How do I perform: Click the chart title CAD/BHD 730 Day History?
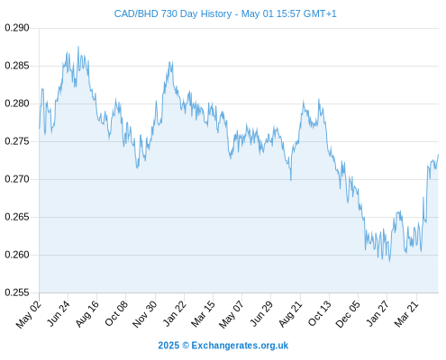pos(173,13)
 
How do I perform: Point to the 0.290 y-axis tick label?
pos(17,28)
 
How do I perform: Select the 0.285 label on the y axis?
pos(17,66)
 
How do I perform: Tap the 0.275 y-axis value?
pos(17,141)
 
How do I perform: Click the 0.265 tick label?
pos(17,217)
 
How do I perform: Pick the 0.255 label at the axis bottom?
pos(17,292)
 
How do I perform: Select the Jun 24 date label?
pos(59,313)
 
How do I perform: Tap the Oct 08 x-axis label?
pos(116,313)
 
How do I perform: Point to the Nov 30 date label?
pos(145,313)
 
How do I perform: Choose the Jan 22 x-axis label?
pos(174,313)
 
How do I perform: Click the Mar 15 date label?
pos(203,313)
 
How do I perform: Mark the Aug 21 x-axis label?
pos(290,313)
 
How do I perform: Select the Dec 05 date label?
pos(348,313)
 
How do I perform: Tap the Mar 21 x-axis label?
pos(406,313)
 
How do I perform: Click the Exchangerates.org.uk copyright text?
pos(223,346)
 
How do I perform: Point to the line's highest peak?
pos(78,47)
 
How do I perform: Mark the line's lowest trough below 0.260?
pos(389,262)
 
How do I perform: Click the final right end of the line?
pos(438,155)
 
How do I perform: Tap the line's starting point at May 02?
pos(40,129)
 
